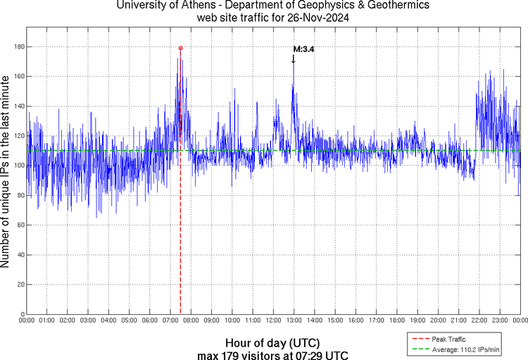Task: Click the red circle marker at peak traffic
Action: [181, 48]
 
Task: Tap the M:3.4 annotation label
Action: [303, 49]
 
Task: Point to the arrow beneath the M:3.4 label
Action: [293, 59]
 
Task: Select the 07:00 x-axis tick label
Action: [170, 321]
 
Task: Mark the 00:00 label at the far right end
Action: [519, 321]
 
